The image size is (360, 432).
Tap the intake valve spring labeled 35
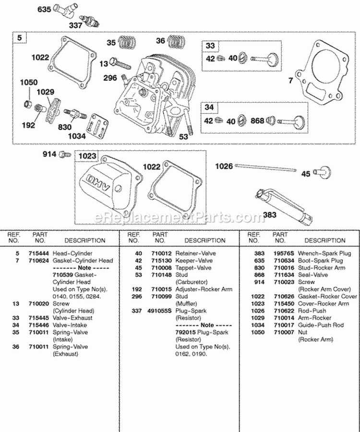tap(126, 42)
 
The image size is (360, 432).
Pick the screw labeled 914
tap(62, 154)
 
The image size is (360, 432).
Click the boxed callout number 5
tap(19, 37)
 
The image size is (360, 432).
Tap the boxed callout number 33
tap(210, 46)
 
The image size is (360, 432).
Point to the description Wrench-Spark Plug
tap(324, 253)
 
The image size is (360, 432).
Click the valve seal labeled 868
tap(270, 120)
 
